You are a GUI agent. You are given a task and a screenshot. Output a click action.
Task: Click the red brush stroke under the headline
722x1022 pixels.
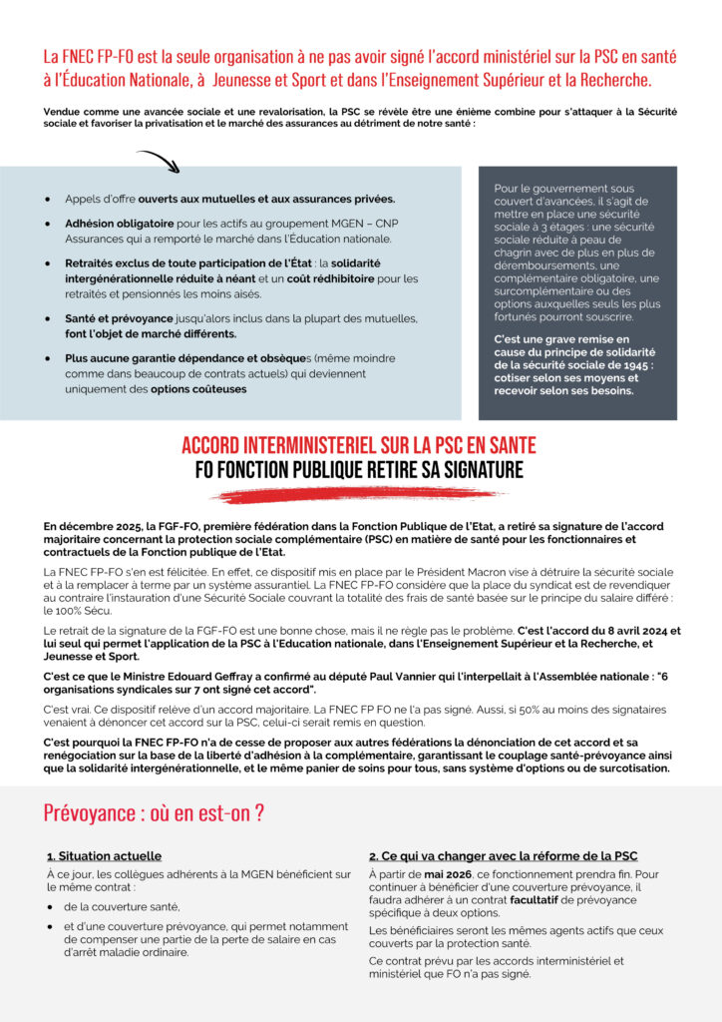[x=360, y=494]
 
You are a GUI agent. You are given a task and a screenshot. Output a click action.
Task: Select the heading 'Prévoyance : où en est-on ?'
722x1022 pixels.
[x=154, y=812]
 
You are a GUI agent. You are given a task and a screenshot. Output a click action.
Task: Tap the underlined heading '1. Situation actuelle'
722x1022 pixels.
[x=104, y=856]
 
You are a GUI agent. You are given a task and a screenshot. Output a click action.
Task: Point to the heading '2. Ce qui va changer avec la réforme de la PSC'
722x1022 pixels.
[x=503, y=856]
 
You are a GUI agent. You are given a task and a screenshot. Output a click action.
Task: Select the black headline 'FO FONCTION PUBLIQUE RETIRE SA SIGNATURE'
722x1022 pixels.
[x=360, y=469]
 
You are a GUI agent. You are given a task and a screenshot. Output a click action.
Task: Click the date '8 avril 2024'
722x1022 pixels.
[x=621, y=632]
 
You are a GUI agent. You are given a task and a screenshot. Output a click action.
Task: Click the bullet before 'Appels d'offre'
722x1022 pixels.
[x=48, y=199]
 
